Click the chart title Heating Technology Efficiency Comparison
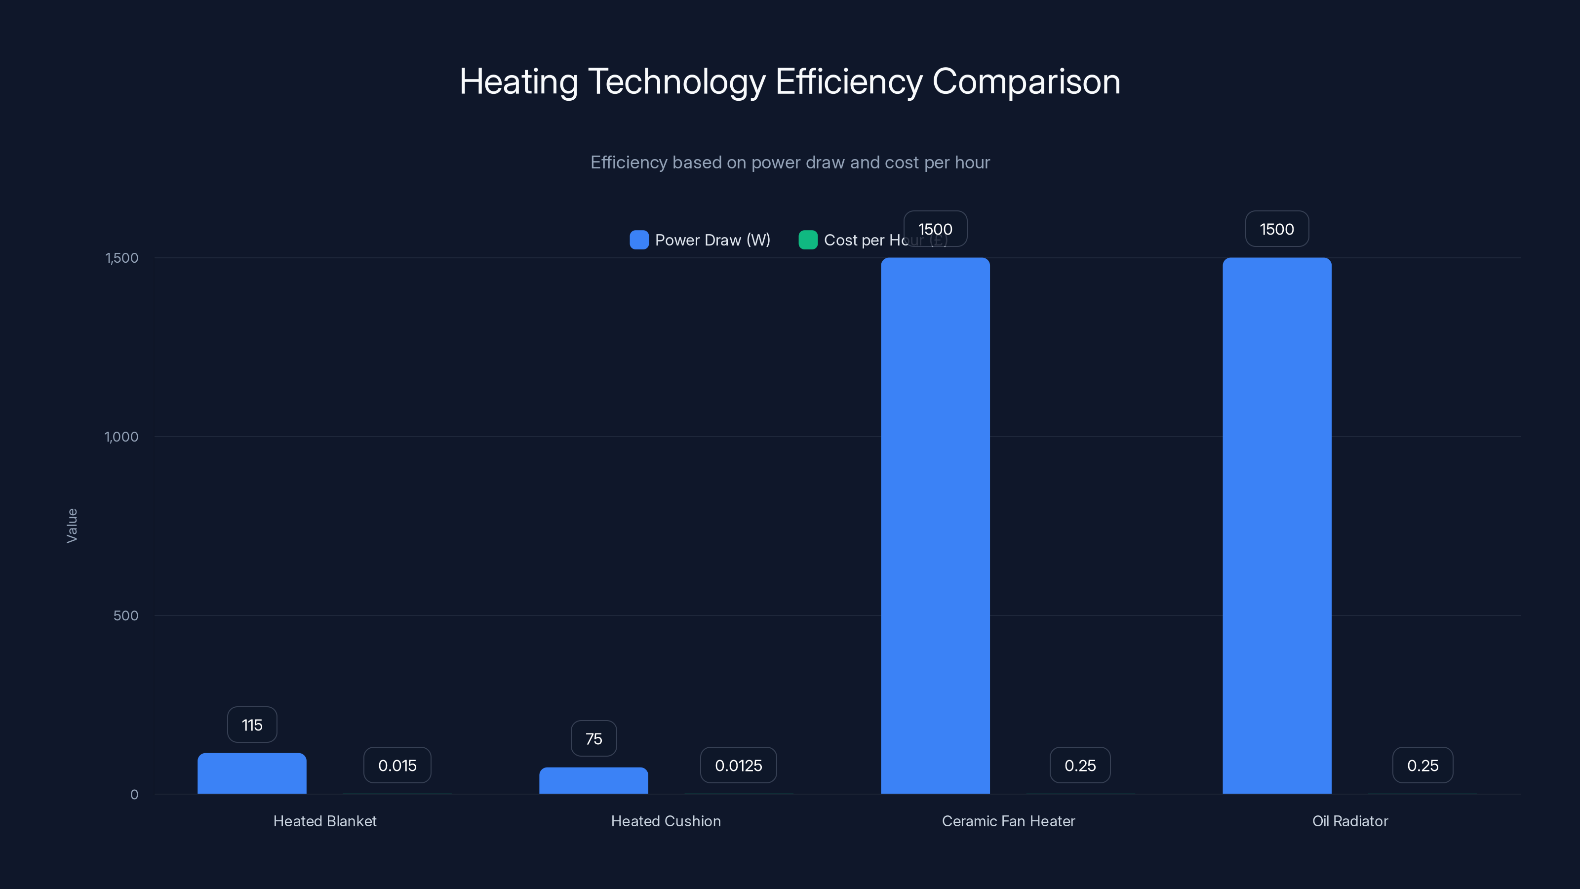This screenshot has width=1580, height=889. (x=790, y=81)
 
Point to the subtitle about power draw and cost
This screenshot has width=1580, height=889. (x=790, y=162)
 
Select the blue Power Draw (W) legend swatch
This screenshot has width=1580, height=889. (x=639, y=240)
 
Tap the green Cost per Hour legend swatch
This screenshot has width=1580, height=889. (x=808, y=240)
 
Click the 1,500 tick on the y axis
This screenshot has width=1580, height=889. (x=122, y=258)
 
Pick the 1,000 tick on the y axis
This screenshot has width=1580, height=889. (x=121, y=437)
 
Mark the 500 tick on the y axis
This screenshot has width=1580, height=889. (x=126, y=616)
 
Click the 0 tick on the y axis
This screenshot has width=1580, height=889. (x=134, y=795)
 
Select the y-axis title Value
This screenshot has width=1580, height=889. (x=72, y=526)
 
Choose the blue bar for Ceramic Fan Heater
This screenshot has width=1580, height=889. (x=935, y=526)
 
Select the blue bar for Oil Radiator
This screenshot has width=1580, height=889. (x=1277, y=526)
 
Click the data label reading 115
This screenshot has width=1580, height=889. (x=252, y=725)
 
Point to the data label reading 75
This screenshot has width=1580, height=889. (x=593, y=739)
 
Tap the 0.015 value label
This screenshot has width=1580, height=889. (x=397, y=766)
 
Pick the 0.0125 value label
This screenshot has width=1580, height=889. (x=739, y=766)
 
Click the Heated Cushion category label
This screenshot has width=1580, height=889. (x=666, y=821)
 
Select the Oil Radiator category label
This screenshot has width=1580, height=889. (x=1350, y=821)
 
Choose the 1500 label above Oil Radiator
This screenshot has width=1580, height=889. (x=1277, y=230)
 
